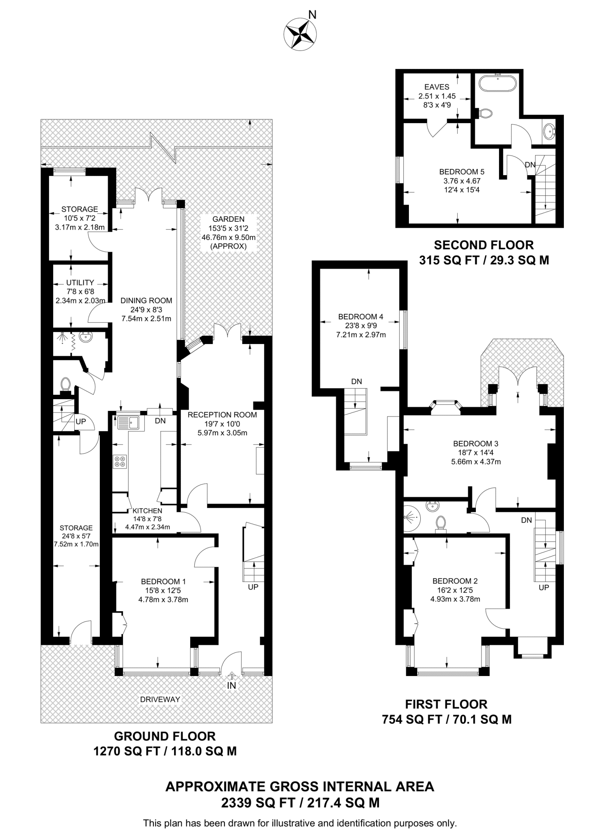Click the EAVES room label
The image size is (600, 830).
(437, 87)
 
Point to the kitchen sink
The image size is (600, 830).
(128, 423)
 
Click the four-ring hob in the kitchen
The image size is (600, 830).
(120, 462)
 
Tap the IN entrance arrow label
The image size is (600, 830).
(232, 685)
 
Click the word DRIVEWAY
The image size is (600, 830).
(160, 699)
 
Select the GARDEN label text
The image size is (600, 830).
(228, 219)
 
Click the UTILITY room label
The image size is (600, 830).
(80, 282)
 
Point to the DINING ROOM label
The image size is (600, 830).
(146, 301)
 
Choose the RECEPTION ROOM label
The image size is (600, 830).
(222, 415)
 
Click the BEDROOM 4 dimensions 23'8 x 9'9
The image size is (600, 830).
(361, 326)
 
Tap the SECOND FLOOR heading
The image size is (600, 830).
(484, 245)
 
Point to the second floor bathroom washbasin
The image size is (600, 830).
(549, 131)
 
